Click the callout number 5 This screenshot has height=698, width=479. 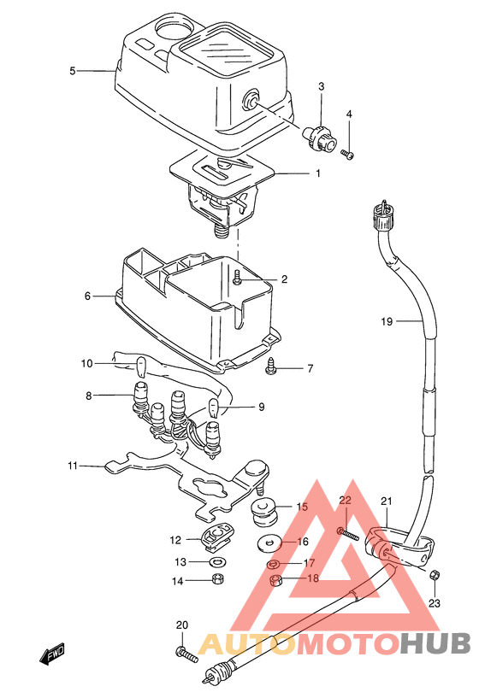pyautogui.click(x=73, y=71)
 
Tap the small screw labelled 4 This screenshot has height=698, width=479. pyautogui.click(x=347, y=154)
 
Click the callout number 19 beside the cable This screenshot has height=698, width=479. pyautogui.click(x=387, y=321)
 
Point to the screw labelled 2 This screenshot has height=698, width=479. pyautogui.click(x=238, y=278)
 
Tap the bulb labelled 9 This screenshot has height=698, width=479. pyautogui.click(x=214, y=407)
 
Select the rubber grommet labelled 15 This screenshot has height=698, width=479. pyautogui.click(x=263, y=513)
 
